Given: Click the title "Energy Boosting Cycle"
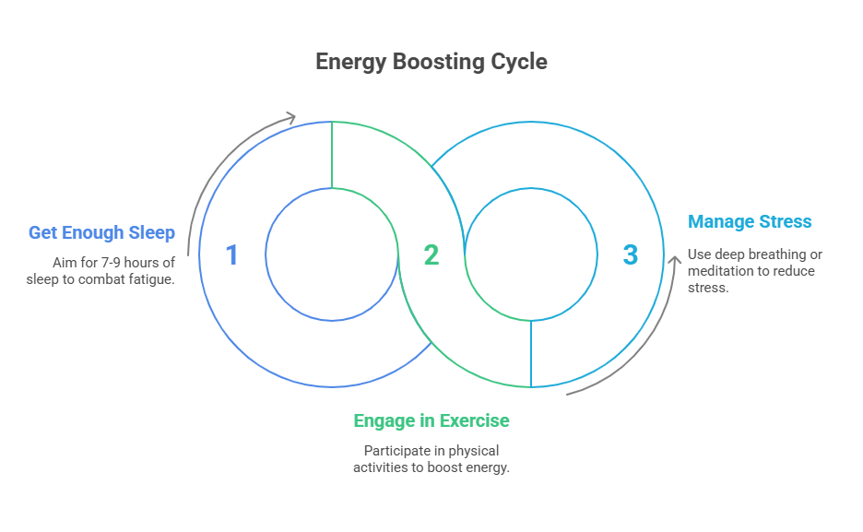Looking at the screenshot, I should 431,62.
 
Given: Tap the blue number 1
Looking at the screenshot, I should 231,255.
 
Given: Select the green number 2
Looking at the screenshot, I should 431,255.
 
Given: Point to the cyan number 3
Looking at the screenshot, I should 630,255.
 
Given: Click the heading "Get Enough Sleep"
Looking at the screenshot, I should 101,232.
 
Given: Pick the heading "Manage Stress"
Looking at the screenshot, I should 750,221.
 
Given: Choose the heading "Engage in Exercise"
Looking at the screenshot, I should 431,420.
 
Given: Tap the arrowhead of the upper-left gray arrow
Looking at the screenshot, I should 291,117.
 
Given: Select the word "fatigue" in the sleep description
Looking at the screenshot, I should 149,278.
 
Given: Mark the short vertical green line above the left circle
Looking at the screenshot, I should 331,155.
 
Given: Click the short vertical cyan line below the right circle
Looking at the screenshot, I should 530,354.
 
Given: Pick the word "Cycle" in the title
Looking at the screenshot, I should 519,62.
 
